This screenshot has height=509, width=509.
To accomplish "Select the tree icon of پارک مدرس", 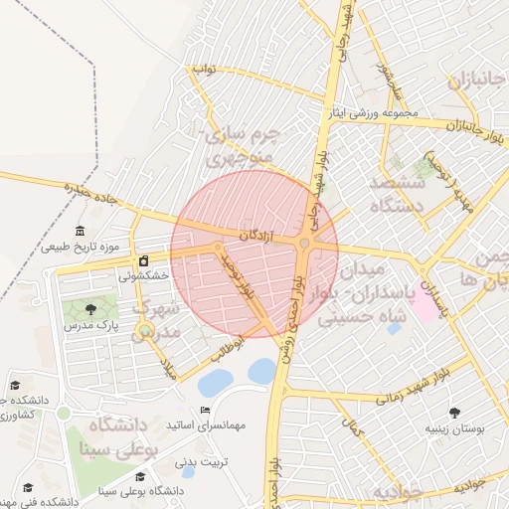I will [92, 310].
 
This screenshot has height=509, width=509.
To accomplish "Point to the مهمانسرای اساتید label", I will [206, 425].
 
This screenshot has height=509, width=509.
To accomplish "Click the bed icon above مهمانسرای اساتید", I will [206, 411].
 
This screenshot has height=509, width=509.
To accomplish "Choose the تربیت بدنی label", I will [203, 462].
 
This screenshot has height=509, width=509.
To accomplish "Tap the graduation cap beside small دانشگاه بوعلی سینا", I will [138, 490].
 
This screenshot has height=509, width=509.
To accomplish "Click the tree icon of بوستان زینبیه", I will [455, 413].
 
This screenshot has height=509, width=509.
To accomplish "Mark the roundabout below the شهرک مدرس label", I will [146, 331].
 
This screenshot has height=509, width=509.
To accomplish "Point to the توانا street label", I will [204, 70].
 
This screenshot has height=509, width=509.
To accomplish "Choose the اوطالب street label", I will [226, 351].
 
